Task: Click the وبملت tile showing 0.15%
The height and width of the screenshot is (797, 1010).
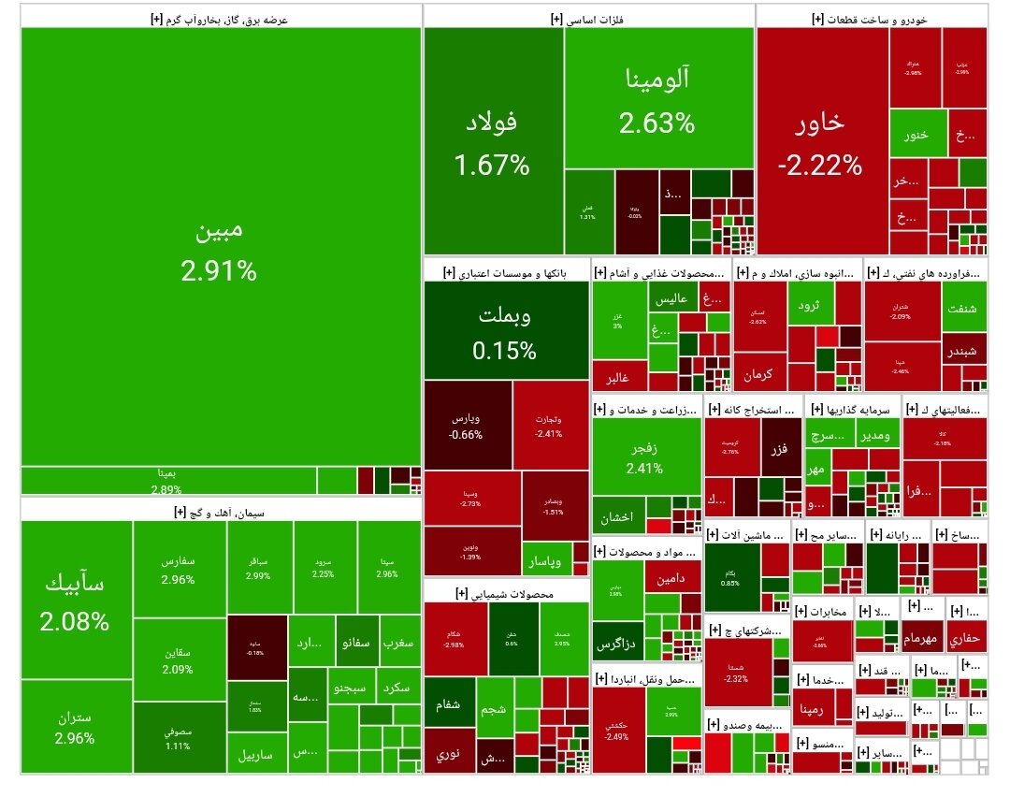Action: coord(506,331)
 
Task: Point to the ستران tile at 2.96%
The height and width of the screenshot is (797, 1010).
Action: coord(75,727)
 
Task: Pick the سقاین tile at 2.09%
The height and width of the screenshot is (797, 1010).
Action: coord(179,660)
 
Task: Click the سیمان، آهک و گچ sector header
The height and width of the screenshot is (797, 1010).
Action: coord(219,511)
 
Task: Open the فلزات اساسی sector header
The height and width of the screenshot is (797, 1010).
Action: coord(588,17)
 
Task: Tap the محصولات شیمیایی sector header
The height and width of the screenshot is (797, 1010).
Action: coord(506,593)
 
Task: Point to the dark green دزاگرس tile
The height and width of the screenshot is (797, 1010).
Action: coord(617,645)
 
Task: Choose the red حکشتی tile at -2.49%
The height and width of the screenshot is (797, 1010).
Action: coord(616,731)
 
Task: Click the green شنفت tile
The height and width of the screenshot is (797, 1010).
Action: coord(963,312)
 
